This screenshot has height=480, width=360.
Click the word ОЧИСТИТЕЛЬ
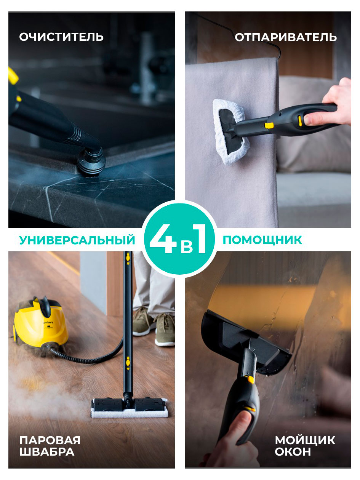[x=61, y=37]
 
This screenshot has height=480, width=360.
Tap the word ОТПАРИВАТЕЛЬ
[x=285, y=37]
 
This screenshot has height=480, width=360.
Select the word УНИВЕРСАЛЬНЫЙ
[x=77, y=240]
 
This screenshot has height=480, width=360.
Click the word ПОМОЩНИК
[x=262, y=240]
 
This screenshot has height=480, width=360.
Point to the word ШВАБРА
[x=46, y=452]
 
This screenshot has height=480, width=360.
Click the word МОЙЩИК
[x=305, y=440]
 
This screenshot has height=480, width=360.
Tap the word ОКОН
[x=293, y=452]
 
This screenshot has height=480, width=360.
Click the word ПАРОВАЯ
[x=50, y=440]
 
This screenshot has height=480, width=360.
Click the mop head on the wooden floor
[x=129, y=408]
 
